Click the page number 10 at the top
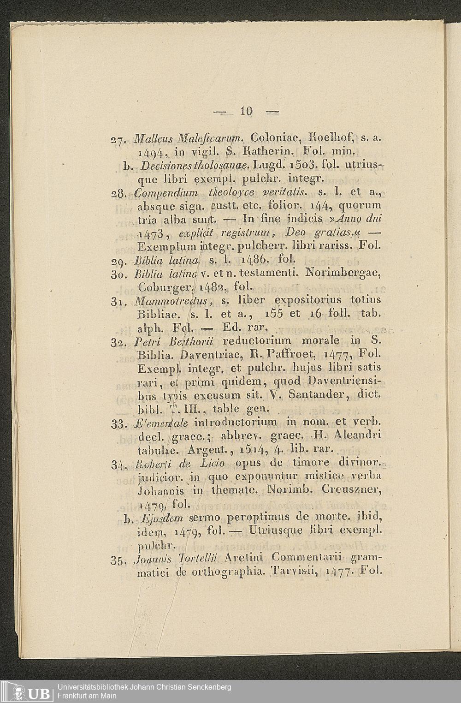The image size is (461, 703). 247,111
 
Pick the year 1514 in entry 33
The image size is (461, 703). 249,448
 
